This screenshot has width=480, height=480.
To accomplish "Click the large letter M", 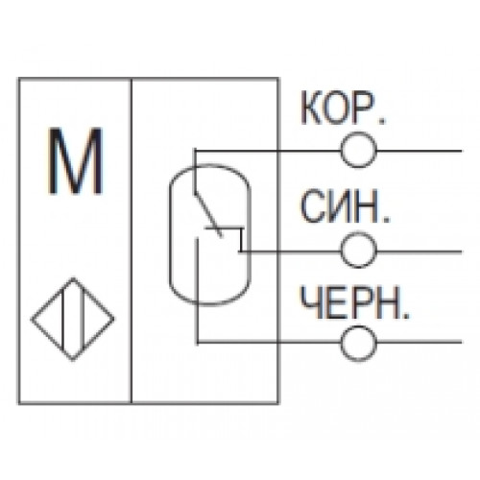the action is [76, 161].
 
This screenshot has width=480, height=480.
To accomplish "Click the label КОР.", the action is [344, 108].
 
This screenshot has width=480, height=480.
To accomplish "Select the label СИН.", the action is [346, 206].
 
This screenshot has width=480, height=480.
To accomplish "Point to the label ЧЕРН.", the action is [354, 302].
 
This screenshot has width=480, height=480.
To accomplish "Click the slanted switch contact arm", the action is [208, 215].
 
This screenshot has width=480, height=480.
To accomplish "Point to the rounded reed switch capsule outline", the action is [170, 234].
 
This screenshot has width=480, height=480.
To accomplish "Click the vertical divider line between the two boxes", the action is [132, 241].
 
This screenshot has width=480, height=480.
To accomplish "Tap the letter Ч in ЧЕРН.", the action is [310, 302].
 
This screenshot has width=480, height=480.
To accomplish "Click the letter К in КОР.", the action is [311, 108].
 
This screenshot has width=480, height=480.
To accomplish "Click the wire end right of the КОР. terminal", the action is [461, 151].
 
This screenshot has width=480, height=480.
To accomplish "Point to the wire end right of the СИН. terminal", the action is [461, 252].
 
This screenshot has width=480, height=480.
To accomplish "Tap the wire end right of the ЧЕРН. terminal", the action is [461, 343].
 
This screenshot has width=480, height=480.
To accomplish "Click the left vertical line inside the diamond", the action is [63, 320].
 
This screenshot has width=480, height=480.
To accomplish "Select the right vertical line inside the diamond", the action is [83, 320].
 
